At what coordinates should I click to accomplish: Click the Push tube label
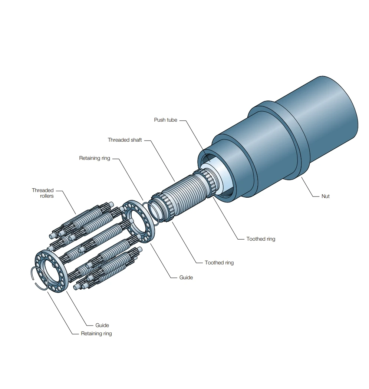tap(165, 120)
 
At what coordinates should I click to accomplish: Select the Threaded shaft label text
tap(125, 140)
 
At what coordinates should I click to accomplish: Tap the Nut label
tap(326, 196)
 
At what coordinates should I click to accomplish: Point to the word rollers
tap(47, 196)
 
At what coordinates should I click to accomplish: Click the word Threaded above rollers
tap(43, 190)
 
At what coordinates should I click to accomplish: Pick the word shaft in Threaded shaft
tap(135, 140)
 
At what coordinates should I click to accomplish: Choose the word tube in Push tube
tap(172, 120)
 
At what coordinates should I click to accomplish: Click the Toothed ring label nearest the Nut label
tap(261, 239)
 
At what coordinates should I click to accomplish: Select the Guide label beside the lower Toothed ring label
tap(186, 277)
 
